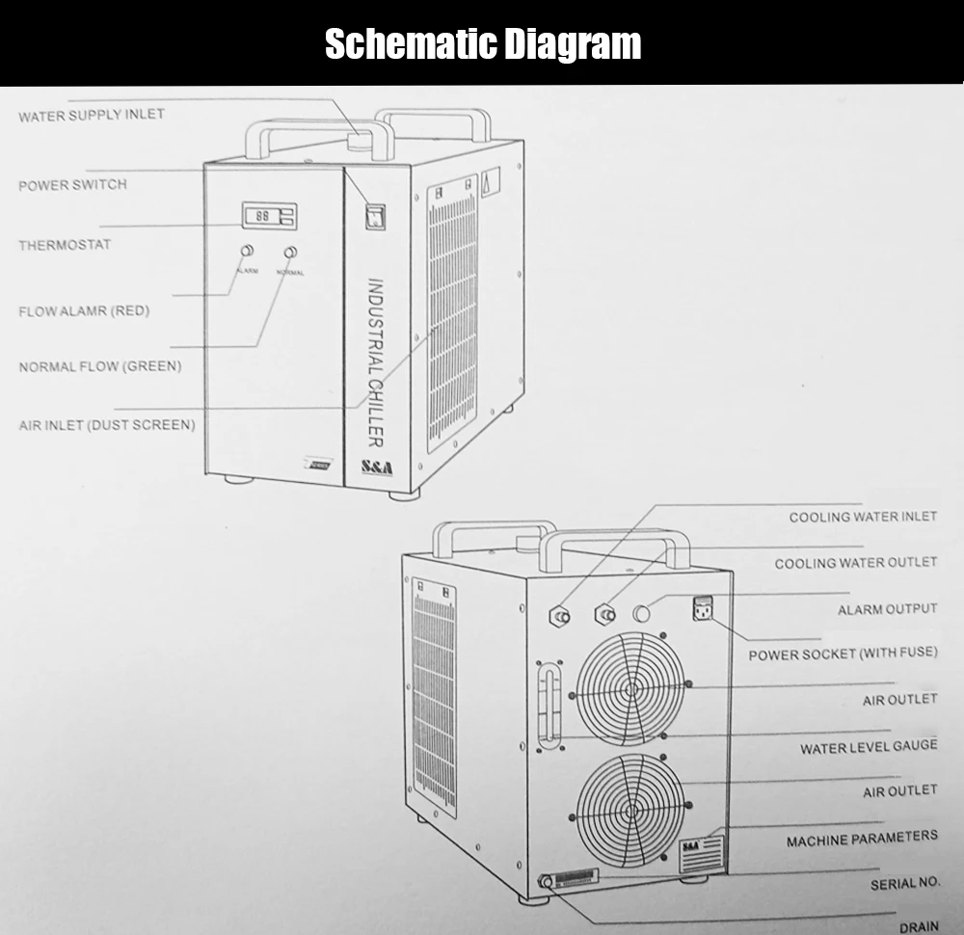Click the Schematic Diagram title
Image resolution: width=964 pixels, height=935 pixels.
point(482,43)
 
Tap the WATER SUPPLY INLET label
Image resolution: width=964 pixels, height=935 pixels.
point(92,115)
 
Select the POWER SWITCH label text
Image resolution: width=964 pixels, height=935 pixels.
point(72,184)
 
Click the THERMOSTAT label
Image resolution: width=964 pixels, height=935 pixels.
point(65,245)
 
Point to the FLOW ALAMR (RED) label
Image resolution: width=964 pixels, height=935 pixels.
point(84,311)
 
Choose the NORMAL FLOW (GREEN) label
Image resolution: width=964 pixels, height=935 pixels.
point(100,366)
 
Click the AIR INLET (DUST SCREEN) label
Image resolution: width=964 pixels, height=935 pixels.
point(106,424)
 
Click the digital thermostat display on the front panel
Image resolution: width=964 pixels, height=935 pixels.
point(269,216)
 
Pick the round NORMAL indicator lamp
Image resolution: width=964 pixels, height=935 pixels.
point(289,253)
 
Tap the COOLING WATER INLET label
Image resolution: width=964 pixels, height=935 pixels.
point(863,517)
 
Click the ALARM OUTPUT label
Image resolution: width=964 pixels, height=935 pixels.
point(887,609)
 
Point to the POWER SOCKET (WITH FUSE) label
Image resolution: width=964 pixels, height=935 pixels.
point(843,654)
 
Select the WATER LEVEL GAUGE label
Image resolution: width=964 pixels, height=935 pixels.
point(868,747)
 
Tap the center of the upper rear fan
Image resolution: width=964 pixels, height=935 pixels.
point(631,686)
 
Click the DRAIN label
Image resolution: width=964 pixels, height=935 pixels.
point(918,927)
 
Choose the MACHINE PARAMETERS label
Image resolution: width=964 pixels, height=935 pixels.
point(861,840)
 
